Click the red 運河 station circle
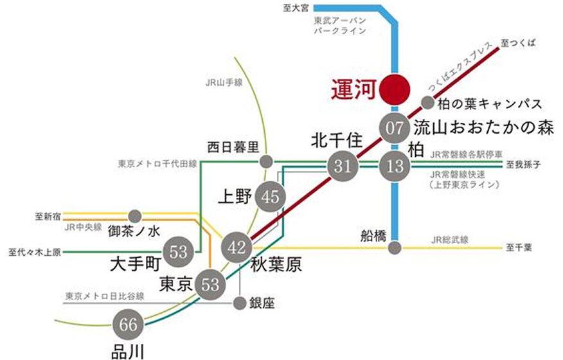point(394,90)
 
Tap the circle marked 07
point(394,127)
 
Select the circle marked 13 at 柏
point(394,168)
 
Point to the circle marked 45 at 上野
point(270,197)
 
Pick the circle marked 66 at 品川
point(128,325)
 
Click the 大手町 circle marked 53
point(179,251)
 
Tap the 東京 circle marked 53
point(211,284)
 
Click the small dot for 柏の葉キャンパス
point(427,102)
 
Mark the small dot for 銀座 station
point(239,303)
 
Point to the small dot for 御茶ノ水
point(135,215)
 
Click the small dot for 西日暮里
point(265,161)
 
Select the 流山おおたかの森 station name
point(483,127)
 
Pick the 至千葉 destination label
point(518,247)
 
